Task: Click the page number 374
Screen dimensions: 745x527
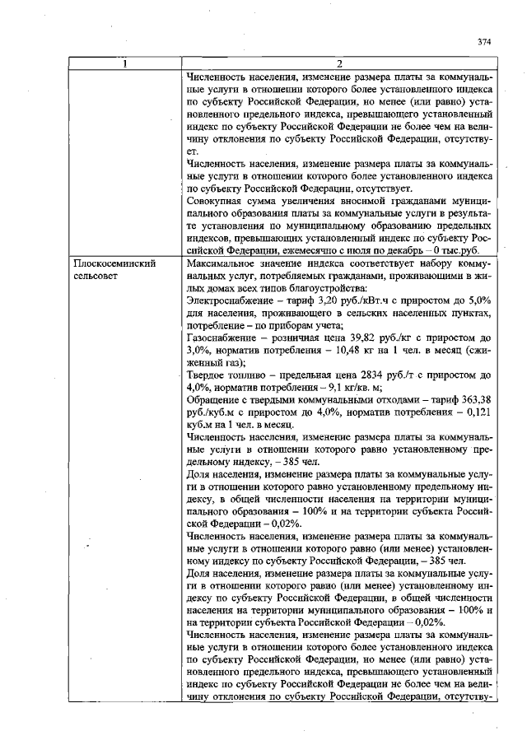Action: click(483, 41)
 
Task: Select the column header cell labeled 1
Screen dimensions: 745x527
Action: click(125, 64)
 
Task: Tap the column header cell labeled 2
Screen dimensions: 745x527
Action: click(338, 64)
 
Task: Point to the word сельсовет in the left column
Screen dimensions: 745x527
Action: click(98, 276)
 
